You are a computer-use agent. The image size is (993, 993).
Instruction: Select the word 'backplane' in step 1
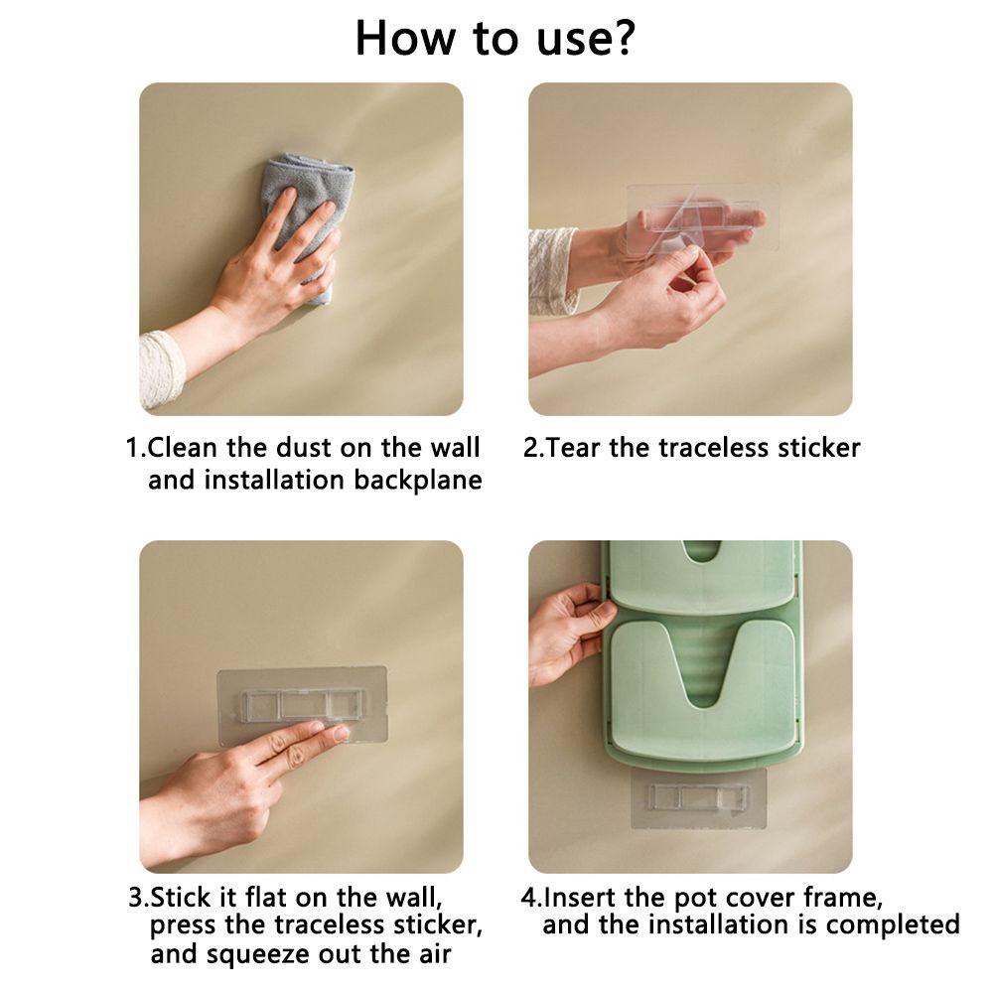coord(417,480)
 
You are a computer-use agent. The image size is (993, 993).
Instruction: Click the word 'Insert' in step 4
coord(580,897)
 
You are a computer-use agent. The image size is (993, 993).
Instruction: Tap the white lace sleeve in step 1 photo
coord(162,369)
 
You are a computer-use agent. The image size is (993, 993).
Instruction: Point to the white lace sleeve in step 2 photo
coord(552,271)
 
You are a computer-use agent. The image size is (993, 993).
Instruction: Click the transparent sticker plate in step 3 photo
coord(302,705)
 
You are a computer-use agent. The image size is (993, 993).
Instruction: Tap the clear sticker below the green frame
coord(698,798)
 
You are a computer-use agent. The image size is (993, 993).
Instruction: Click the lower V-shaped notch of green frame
coord(702,671)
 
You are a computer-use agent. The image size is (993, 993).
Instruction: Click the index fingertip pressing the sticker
coord(340,734)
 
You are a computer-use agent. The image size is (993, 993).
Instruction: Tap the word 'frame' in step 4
coord(842,897)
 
